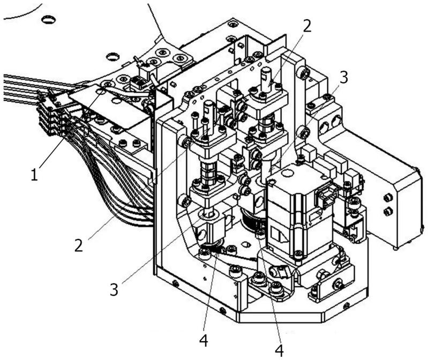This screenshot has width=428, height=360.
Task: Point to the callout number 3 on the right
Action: [x=344, y=77]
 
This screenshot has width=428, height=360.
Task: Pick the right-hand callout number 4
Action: [x=279, y=350]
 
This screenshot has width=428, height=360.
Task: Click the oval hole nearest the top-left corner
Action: [x=48, y=20]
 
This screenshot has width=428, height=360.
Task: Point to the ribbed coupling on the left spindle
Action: [x=207, y=172]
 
